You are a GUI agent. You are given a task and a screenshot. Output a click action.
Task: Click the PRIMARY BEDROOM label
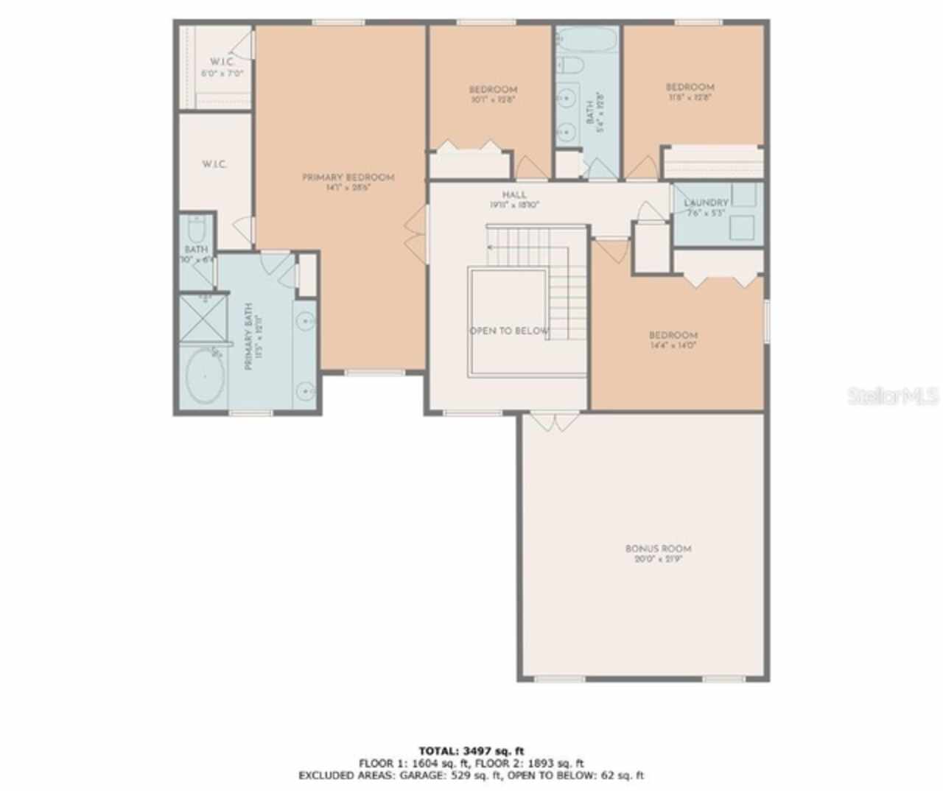tap(348, 177)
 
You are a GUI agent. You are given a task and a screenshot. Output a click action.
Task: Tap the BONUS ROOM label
tap(658, 549)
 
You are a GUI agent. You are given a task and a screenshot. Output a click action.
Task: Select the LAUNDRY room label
tap(706, 203)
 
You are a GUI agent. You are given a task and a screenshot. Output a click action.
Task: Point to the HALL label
tap(514, 195)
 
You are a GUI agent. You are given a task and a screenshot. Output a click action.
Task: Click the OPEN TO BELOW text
tap(509, 331)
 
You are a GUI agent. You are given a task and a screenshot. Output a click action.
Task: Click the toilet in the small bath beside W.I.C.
tap(197, 226)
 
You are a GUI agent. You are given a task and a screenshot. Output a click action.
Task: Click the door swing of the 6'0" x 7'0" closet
tap(246, 44)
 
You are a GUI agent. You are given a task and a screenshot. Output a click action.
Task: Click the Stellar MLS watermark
tap(893, 396)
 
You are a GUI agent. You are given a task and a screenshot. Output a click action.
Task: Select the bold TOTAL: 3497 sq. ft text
tap(471, 751)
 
